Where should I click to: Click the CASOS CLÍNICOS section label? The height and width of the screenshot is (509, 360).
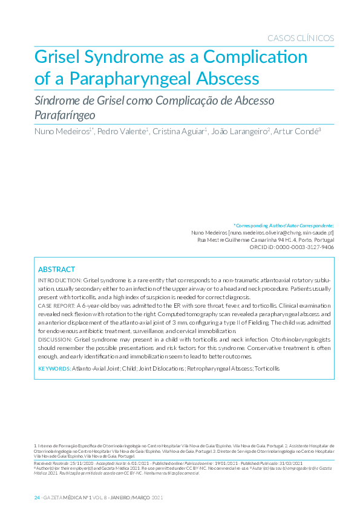[x=301, y=38]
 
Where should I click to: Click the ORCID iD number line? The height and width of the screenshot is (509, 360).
[x=296, y=247]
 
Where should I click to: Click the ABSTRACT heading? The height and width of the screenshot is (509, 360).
[x=56, y=269]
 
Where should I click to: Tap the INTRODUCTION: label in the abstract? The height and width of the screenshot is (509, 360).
[x=60, y=281]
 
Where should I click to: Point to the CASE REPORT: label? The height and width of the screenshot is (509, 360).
[x=56, y=307]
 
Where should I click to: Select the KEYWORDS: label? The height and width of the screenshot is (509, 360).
[x=54, y=368]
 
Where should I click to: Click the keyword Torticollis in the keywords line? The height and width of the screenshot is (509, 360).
[x=267, y=368]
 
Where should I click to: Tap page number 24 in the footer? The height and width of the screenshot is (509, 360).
[x=36, y=497]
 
